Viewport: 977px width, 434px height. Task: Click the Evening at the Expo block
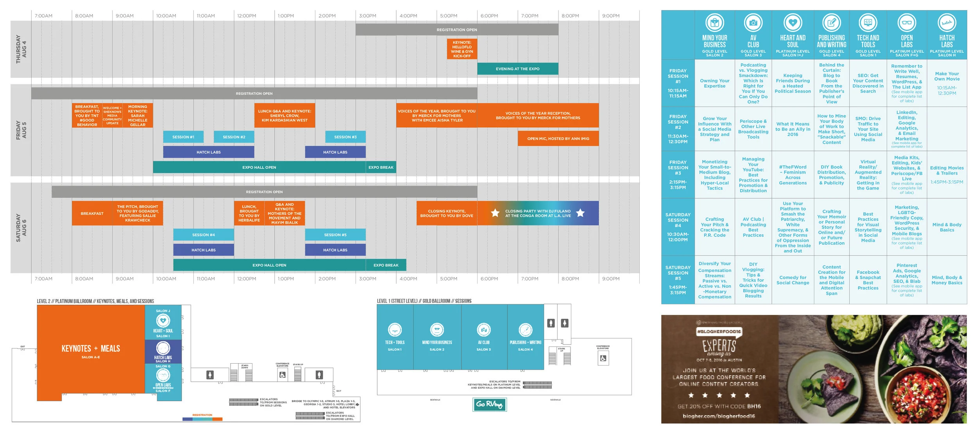(x=517, y=69)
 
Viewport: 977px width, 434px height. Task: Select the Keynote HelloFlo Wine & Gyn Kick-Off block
(x=462, y=49)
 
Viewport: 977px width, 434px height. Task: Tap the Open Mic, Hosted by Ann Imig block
(x=558, y=139)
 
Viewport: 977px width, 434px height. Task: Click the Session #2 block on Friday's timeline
(x=234, y=137)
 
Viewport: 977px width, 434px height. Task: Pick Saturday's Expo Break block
(x=386, y=265)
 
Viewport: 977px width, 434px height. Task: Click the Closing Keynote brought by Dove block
(x=446, y=213)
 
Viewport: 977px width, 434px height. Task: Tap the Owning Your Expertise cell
(x=714, y=84)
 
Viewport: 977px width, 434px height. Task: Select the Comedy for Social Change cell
(x=793, y=280)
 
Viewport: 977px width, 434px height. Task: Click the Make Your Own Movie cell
(x=947, y=77)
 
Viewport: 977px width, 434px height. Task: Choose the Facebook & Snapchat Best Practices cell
(x=868, y=280)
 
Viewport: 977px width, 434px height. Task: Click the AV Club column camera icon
(x=753, y=23)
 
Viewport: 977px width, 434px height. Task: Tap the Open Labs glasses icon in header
(x=907, y=23)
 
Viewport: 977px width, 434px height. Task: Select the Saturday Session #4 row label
(x=678, y=227)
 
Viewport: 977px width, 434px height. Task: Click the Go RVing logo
(x=489, y=404)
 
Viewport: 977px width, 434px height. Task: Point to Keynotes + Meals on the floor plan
(x=91, y=349)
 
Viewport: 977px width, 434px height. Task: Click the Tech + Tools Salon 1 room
(x=395, y=337)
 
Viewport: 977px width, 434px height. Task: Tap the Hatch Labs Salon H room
(x=163, y=352)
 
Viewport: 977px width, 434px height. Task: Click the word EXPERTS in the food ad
(x=719, y=346)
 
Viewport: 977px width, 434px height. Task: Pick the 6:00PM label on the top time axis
(x=489, y=16)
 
